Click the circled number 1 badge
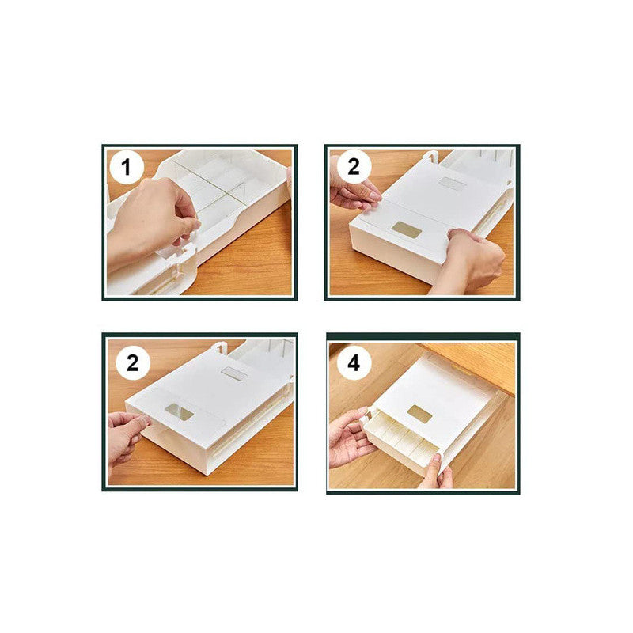click(127, 167)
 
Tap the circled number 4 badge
click(354, 363)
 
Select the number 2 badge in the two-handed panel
click(354, 167)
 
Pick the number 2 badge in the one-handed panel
click(132, 362)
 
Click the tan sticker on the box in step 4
click(419, 414)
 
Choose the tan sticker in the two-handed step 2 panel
click(406, 229)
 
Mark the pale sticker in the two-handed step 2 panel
click(452, 184)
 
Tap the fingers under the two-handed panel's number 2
click(354, 194)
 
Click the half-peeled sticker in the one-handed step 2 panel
click(180, 411)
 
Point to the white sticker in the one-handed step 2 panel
click(234, 373)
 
